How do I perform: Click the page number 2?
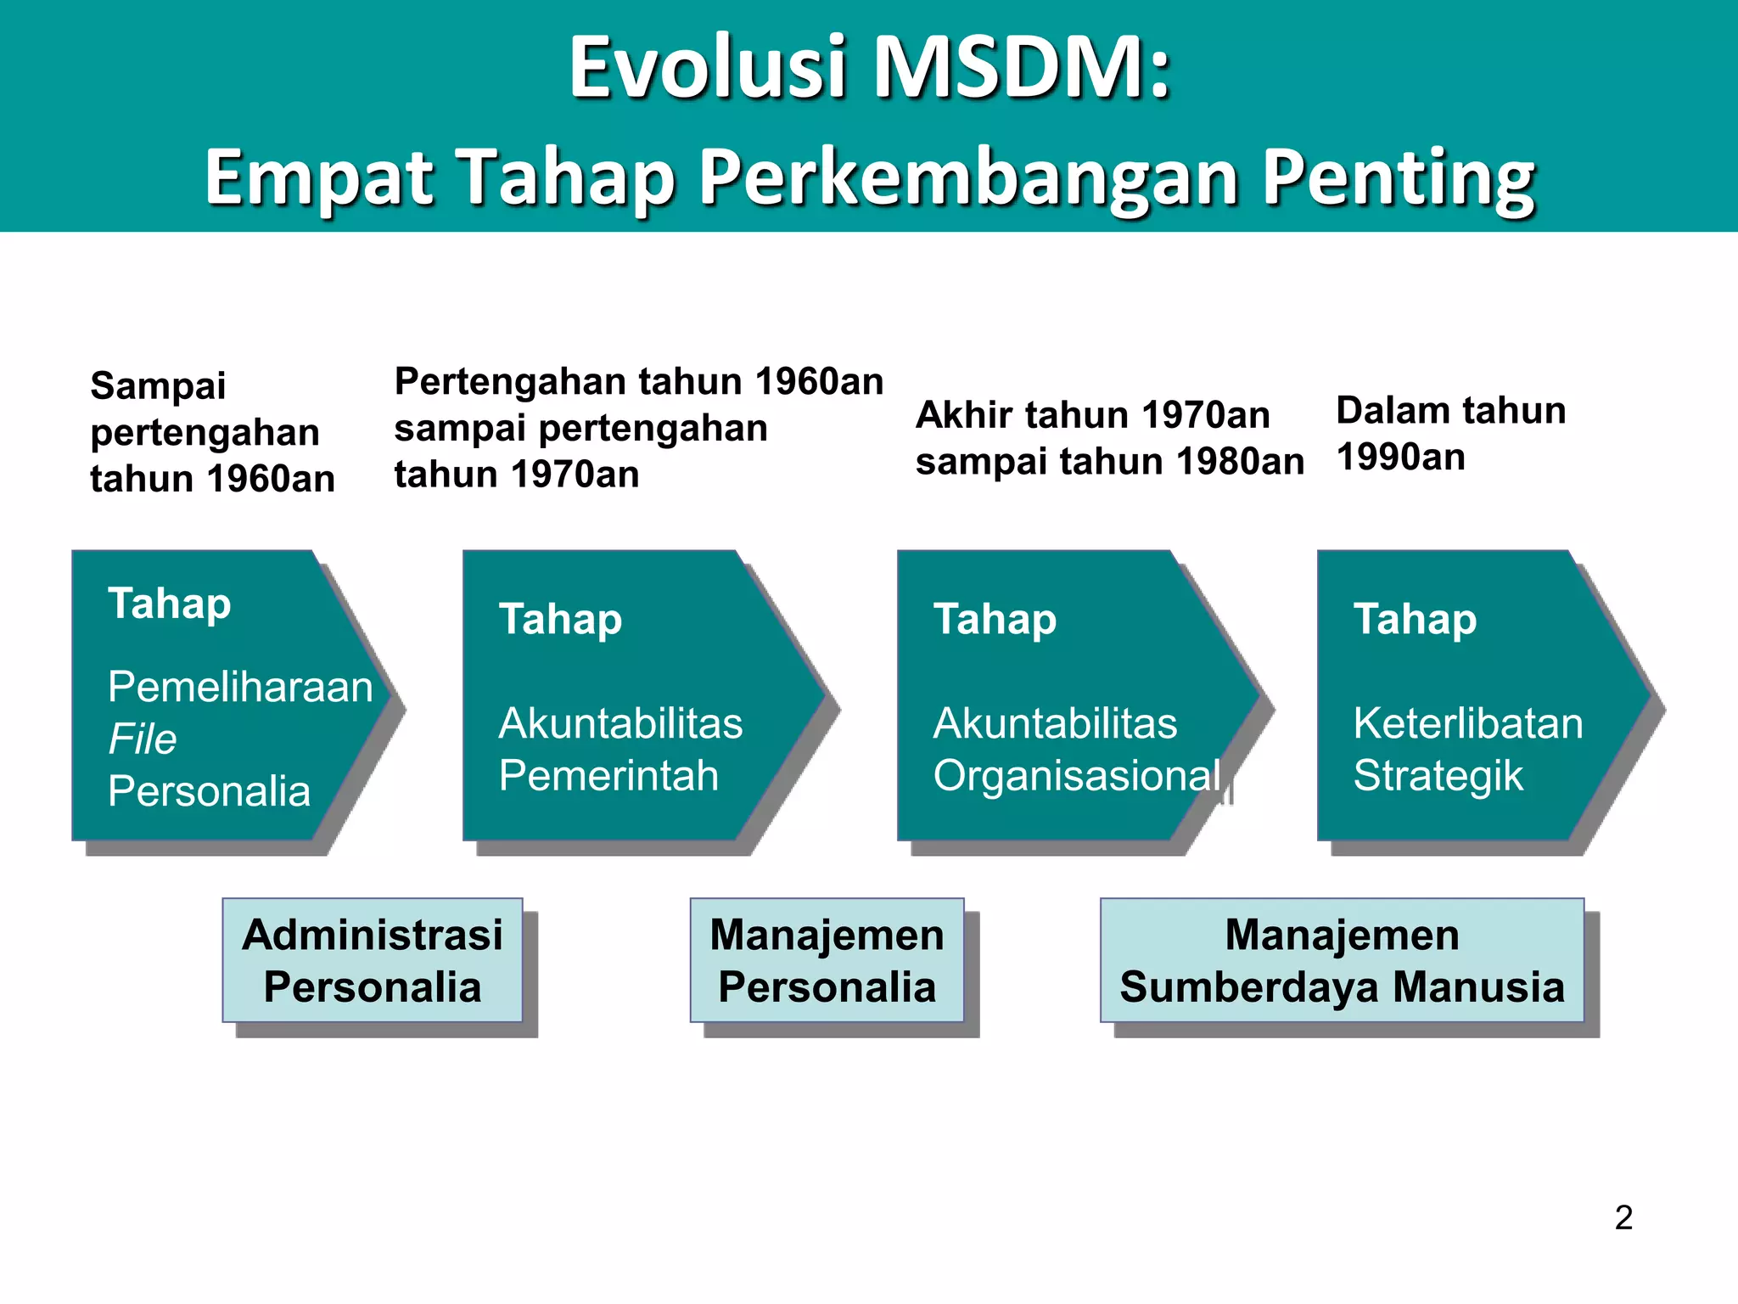1623,1217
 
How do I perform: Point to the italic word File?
143,739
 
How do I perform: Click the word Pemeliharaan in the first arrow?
240,686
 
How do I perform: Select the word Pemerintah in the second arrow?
608,775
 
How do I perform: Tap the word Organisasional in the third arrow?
1076,775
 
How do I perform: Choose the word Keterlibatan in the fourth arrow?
1467,723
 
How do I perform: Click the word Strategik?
1438,775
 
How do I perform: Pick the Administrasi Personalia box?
373,960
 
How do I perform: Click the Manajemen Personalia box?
827,960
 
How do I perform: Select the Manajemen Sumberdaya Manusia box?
1342,960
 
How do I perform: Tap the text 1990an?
1400,457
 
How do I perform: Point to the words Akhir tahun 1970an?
1092,415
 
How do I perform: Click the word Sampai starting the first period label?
158,385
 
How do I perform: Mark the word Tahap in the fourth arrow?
1415,619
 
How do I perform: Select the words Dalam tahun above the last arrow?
1450,410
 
